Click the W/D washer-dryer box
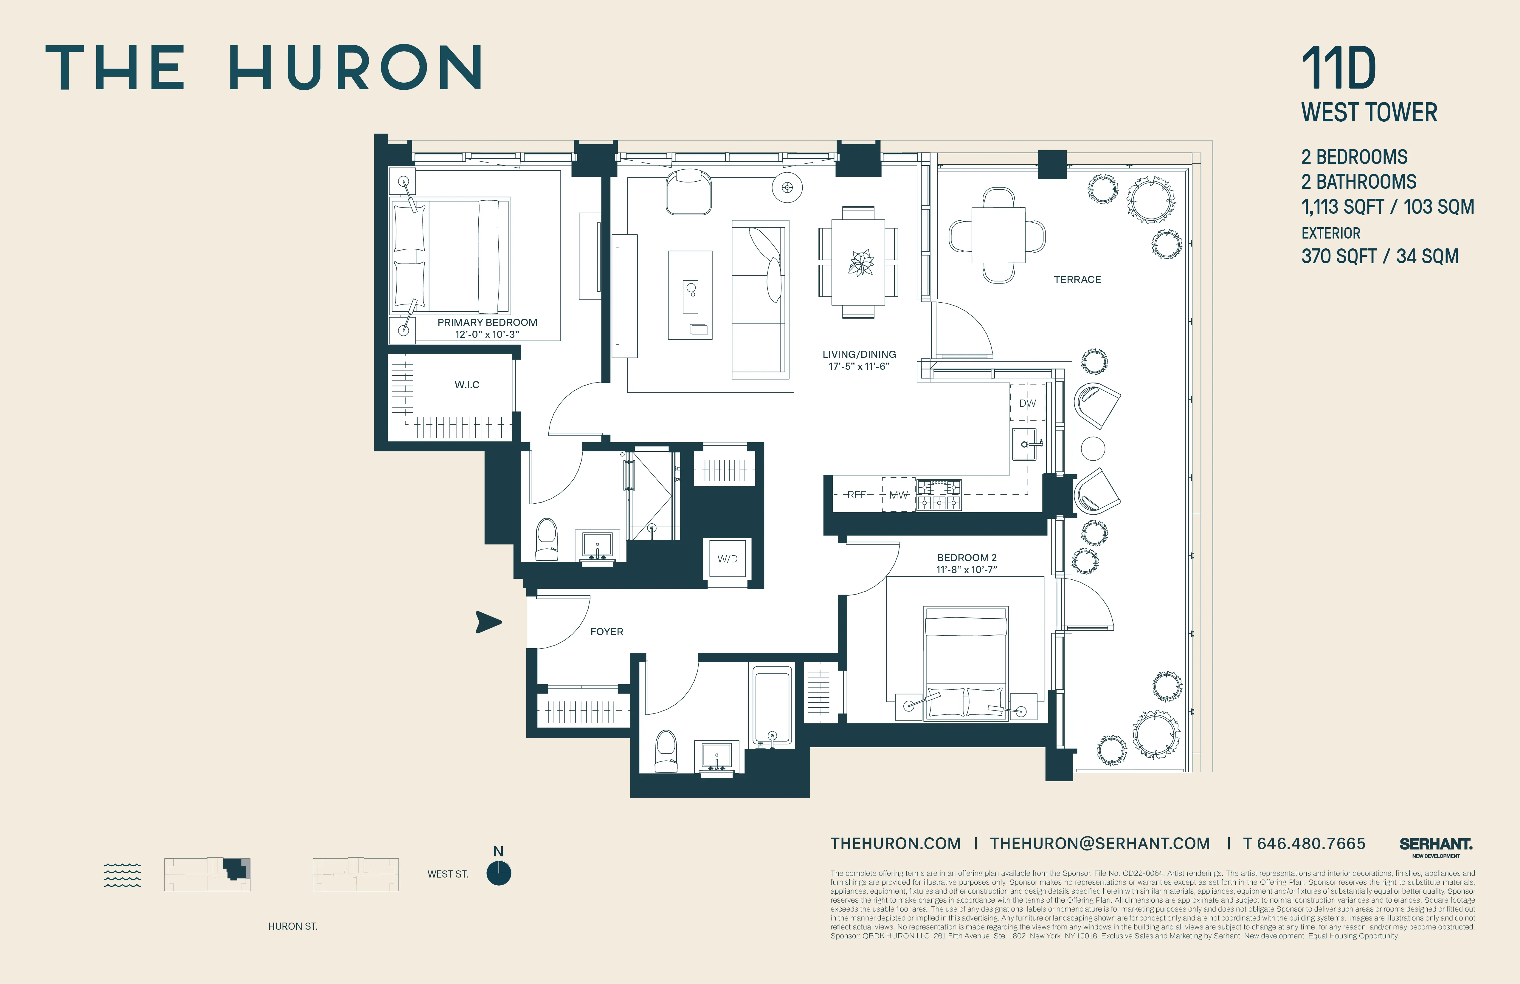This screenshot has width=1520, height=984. click(x=728, y=559)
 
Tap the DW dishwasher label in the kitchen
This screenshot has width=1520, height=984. click(x=1028, y=403)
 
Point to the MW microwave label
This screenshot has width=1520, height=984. click(x=899, y=495)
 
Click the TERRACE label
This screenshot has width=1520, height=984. click(x=1077, y=279)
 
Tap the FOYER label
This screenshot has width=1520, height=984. click(x=607, y=631)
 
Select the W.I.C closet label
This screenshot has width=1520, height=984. click(x=467, y=385)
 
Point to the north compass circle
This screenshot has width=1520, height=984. click(x=499, y=873)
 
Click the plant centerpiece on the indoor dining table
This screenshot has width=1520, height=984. click(x=860, y=263)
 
